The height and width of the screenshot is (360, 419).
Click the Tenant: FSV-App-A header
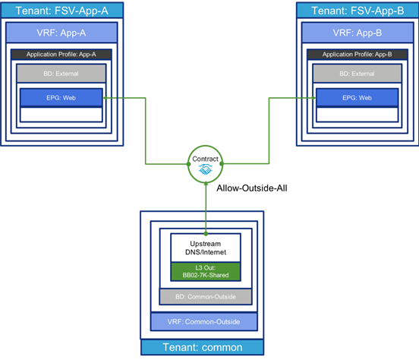62,11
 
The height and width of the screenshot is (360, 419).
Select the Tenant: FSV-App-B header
358,11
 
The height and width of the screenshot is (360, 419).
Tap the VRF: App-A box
61,33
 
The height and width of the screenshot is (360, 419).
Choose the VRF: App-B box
358,33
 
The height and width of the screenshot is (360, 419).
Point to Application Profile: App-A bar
61,54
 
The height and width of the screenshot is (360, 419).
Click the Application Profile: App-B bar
358,54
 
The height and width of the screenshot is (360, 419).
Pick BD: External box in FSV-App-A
61,74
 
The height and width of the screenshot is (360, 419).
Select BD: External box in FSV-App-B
358,74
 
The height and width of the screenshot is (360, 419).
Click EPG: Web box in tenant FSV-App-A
61,98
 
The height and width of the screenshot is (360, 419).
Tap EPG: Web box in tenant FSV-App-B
358,98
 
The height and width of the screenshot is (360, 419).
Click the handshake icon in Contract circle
206,169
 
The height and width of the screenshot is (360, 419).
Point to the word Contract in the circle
205,159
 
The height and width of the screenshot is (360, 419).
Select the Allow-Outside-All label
252,188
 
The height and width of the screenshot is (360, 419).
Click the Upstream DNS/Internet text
206,248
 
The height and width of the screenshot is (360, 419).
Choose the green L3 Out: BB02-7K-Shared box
206,271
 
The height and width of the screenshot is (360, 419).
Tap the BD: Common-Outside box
206,297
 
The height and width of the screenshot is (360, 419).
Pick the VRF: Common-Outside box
203,321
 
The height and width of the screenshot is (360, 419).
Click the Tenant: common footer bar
202,347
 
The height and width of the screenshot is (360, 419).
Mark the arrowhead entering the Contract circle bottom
206,183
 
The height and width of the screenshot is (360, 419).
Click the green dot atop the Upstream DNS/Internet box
206,234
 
